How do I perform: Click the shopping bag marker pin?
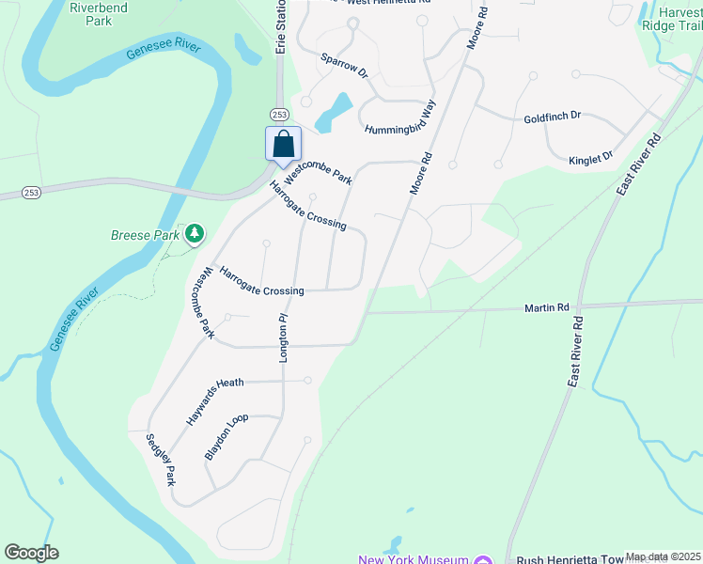[x=283, y=145]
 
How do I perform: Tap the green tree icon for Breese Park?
[x=195, y=232]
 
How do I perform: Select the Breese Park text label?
[x=144, y=235]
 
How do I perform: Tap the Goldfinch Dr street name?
[x=553, y=116]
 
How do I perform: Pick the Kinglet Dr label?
[x=590, y=158]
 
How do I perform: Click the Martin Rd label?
[x=547, y=307]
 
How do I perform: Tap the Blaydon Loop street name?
[x=227, y=436]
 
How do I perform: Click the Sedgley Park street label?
[x=161, y=459]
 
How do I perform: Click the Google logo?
[x=31, y=553]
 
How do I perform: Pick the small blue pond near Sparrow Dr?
[x=335, y=113]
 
